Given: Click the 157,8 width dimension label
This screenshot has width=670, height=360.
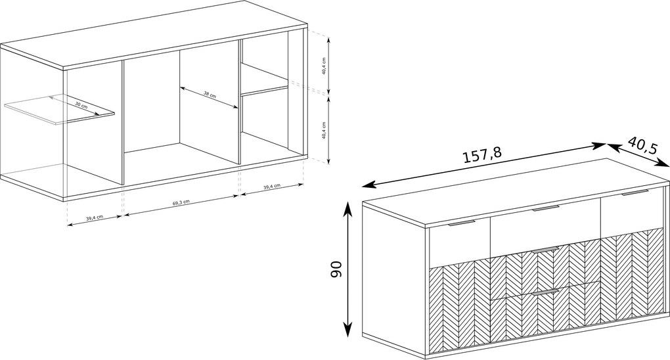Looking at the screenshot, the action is click(x=483, y=155).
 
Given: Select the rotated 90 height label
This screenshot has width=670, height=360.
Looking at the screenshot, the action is click(x=337, y=269).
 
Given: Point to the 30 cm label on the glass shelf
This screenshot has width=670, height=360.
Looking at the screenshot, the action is click(x=81, y=104).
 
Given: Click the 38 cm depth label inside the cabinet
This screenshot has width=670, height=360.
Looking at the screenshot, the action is click(x=210, y=95).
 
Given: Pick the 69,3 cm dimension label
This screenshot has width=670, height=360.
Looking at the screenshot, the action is click(x=181, y=202).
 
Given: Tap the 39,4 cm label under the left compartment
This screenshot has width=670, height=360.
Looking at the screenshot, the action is click(x=95, y=217).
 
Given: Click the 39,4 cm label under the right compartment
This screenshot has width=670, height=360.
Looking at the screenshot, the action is click(x=272, y=186).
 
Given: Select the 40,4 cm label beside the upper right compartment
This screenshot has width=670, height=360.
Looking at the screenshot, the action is click(x=324, y=66).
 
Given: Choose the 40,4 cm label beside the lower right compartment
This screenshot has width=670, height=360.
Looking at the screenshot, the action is click(x=324, y=131).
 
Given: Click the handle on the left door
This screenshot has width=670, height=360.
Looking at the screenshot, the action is click(x=462, y=223).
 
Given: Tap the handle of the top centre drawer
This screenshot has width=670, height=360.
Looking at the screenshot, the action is click(x=546, y=208).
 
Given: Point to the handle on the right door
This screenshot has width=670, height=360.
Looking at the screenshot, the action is click(x=635, y=193).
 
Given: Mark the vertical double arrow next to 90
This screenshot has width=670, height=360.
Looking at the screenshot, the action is click(x=348, y=269).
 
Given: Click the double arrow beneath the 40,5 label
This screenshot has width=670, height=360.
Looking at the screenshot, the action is click(x=638, y=155).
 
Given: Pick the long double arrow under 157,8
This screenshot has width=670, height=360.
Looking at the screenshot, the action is click(x=484, y=166).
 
